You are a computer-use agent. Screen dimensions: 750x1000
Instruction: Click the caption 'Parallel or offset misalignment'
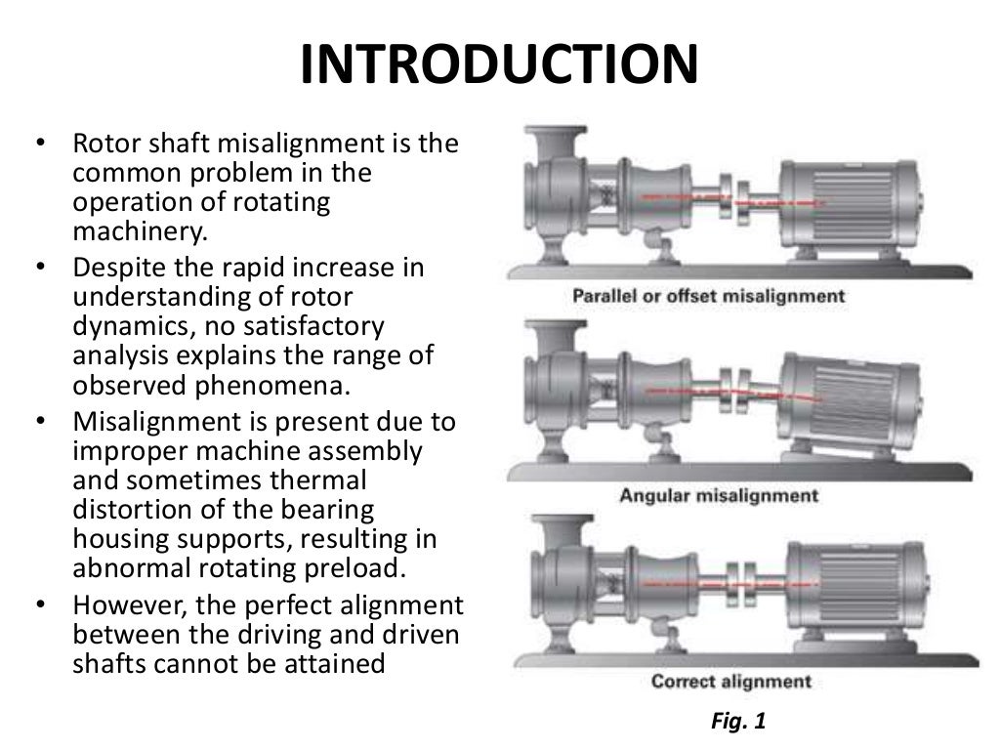pyautogui.click(x=709, y=296)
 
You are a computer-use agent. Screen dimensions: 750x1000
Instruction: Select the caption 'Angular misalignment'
pyautogui.click(x=719, y=495)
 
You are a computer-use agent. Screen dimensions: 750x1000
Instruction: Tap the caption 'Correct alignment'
pyautogui.click(x=731, y=681)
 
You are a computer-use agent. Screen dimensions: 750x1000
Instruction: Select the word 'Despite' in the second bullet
pyautogui.click(x=111, y=268)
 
